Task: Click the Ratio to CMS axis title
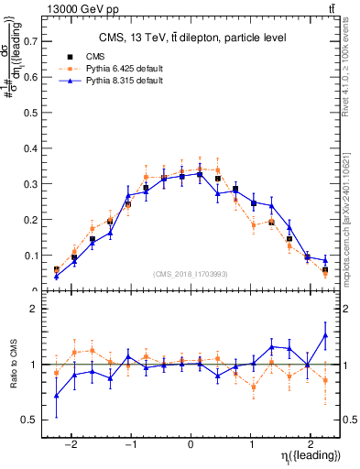click(12, 365)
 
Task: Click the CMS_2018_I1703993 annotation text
click(191, 274)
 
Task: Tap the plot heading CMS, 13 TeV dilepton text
click(192, 38)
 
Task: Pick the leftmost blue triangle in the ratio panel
click(57, 396)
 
